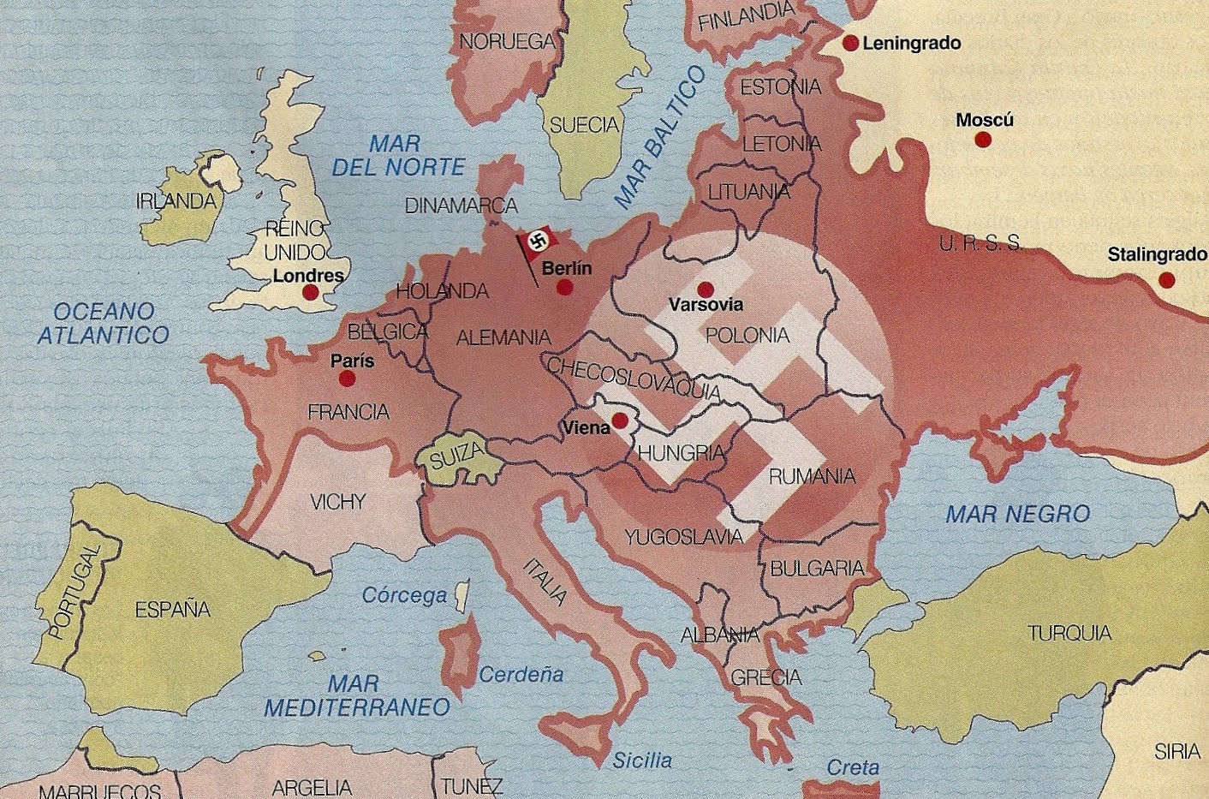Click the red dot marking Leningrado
[850, 43]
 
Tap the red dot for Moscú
[983, 139]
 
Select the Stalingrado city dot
[1166, 279]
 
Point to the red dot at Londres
[311, 293]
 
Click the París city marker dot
[347, 378]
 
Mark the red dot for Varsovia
[706, 289]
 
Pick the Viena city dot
[620, 420]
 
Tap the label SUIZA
[456, 457]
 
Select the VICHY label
[337, 502]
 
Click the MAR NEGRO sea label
[1017, 514]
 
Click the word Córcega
[404, 595]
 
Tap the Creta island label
[852, 767]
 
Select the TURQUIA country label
[1069, 633]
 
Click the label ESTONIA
[780, 87]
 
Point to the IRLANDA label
[176, 201]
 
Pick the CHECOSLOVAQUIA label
[634, 379]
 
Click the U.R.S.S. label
[980, 243]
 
